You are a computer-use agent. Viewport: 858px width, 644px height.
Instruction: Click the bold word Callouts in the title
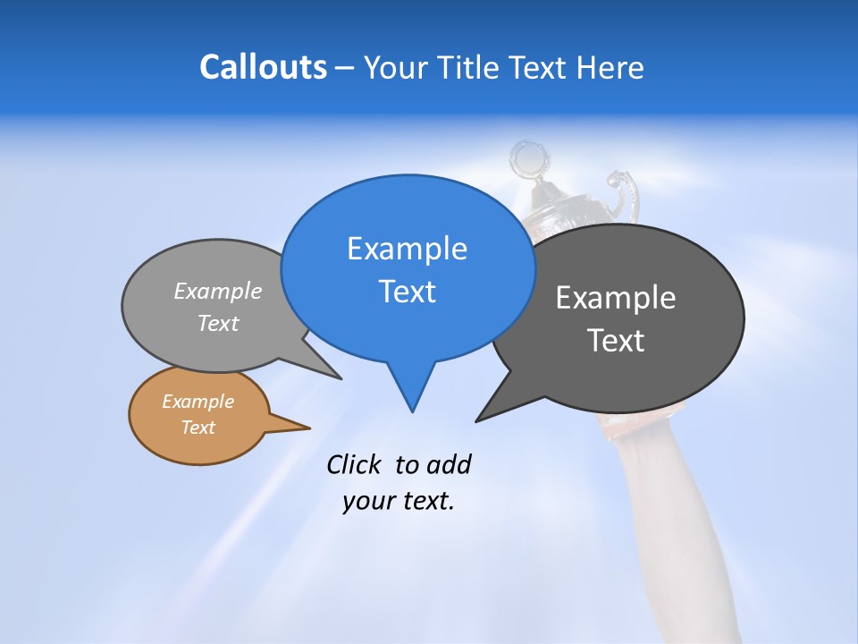coord(263,67)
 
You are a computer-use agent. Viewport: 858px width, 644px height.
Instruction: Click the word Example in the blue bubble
coord(407,249)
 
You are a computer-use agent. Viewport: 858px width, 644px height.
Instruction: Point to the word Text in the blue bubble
coord(407,292)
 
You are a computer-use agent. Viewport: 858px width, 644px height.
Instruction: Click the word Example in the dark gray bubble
coord(615,298)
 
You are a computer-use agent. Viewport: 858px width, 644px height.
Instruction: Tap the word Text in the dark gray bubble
coord(616,341)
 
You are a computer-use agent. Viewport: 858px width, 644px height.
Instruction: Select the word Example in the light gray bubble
coord(218,292)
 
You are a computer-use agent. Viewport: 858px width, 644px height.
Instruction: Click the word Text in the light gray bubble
coord(218,323)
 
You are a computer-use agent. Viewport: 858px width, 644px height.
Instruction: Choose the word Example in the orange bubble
coord(198,402)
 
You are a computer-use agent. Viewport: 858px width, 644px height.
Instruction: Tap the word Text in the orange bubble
coord(198,428)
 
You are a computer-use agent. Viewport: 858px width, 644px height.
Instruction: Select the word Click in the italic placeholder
coord(354,464)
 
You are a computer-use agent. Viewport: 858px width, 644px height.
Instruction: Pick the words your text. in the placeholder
coord(398,501)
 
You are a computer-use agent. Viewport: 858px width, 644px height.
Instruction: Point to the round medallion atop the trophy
coord(528,160)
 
